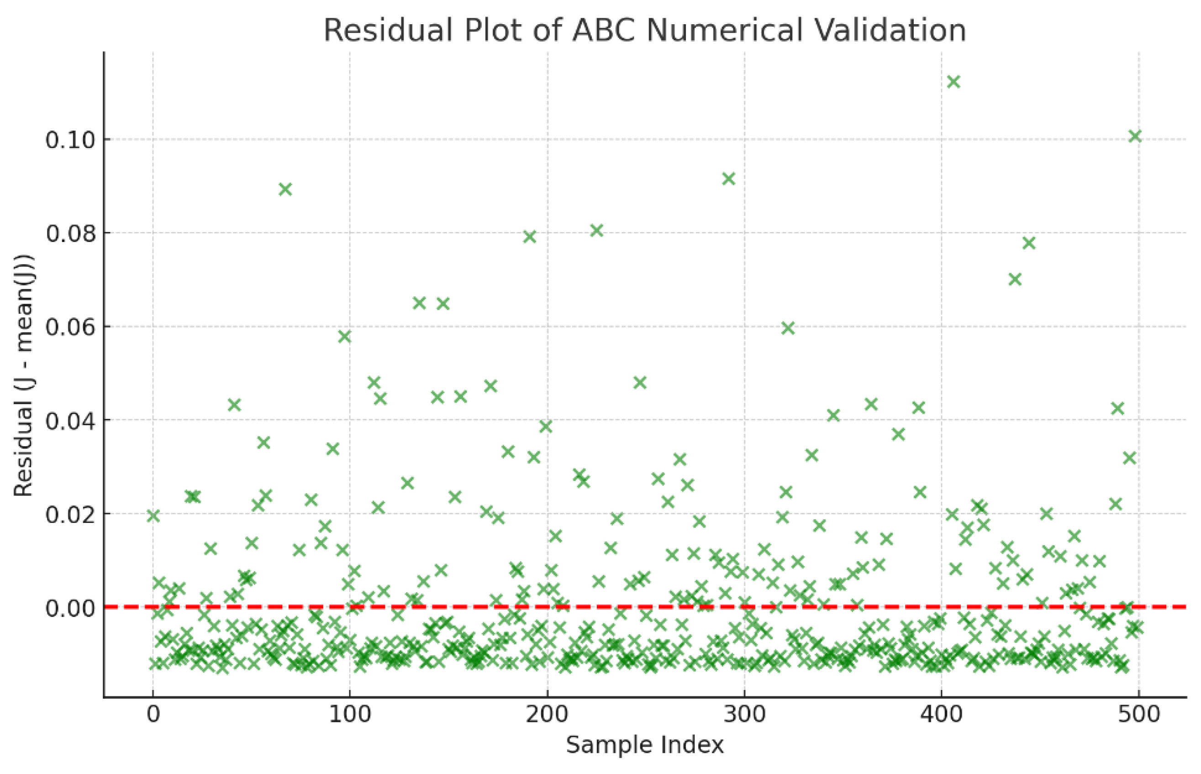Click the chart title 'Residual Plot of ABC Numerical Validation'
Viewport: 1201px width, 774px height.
point(644,30)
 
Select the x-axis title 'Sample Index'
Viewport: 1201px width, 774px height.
point(644,745)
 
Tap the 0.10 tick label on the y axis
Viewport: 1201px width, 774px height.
point(70,140)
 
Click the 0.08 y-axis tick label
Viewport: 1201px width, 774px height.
point(70,233)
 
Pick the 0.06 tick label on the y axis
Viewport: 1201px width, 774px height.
point(70,327)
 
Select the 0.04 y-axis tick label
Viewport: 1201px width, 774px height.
point(70,420)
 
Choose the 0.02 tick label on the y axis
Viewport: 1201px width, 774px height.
point(70,514)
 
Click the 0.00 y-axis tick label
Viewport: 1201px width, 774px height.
point(70,608)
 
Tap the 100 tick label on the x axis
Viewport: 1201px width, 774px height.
point(350,714)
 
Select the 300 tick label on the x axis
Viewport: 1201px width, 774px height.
point(744,714)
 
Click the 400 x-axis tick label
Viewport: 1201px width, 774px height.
point(941,714)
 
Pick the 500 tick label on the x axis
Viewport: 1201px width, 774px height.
point(1138,714)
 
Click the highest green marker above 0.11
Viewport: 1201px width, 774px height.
point(953,81)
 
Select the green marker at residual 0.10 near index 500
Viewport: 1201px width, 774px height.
point(1135,136)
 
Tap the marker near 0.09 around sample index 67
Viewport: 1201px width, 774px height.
point(285,189)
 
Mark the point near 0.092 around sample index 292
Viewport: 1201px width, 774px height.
point(728,179)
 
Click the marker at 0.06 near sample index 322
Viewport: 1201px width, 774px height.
point(787,328)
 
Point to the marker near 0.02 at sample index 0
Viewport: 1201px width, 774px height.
point(153,516)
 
